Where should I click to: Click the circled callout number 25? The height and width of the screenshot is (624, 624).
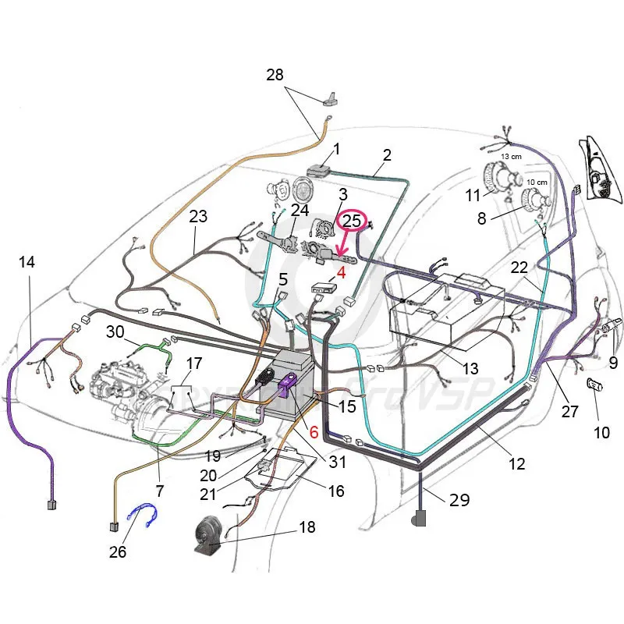click(353, 221)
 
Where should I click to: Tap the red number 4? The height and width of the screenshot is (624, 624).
click(340, 273)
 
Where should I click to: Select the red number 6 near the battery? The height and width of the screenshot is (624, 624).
click(314, 431)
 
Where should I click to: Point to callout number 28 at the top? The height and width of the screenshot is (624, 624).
click(275, 76)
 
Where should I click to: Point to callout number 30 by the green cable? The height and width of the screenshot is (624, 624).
click(115, 331)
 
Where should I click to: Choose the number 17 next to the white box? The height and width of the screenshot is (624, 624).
click(193, 363)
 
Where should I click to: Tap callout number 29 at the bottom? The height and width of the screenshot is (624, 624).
click(460, 500)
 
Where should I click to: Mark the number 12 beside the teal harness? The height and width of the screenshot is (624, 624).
click(516, 463)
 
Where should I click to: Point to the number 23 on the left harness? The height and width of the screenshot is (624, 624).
click(198, 216)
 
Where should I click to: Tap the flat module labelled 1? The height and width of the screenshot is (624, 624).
click(319, 169)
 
